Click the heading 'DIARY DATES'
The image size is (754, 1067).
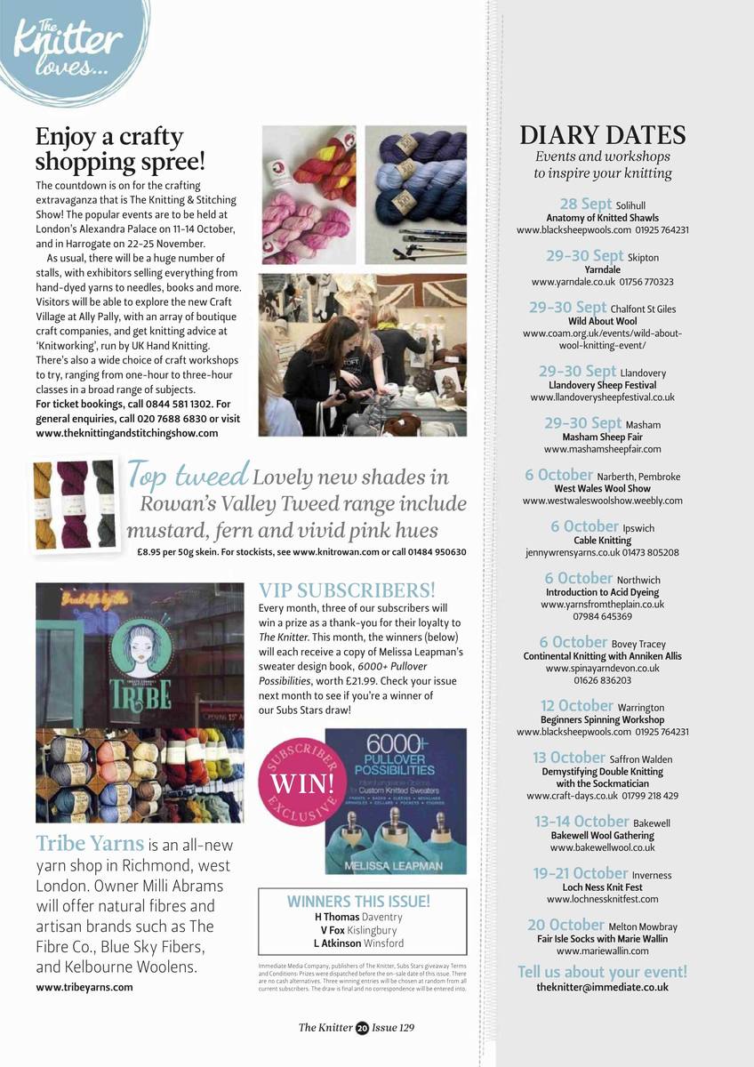point(603,135)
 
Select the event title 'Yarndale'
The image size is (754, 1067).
point(602,269)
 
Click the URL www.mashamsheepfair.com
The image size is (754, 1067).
point(602,449)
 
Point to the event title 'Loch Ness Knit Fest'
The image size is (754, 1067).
point(602,887)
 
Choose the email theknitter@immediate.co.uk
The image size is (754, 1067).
point(602,987)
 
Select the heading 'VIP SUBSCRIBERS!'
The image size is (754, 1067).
point(347,590)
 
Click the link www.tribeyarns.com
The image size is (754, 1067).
point(84,987)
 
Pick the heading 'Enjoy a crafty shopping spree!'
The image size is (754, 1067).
point(120,149)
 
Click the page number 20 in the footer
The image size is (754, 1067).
point(362,1028)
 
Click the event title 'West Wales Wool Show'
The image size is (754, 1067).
point(602,488)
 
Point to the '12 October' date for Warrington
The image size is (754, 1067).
point(576,707)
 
